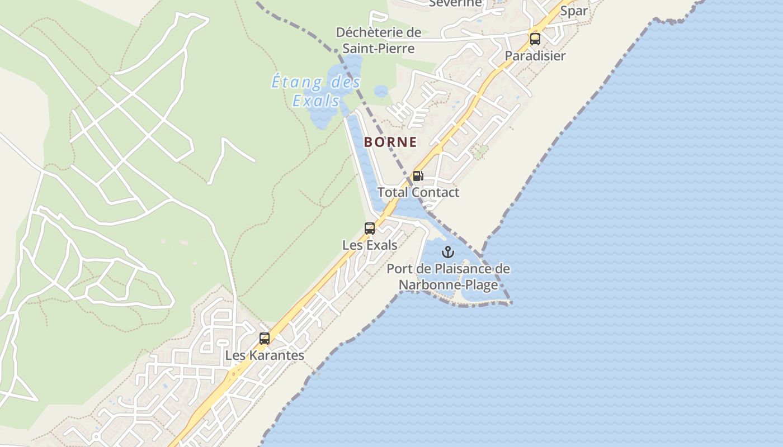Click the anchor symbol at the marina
448,252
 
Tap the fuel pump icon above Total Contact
418,177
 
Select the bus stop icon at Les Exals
370,229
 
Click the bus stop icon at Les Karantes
265,339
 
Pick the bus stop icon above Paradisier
535,39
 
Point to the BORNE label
390,142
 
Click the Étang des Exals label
316,92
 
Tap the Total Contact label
418,193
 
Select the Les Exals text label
370,245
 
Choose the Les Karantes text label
265,355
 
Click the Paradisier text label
535,56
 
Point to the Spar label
574,11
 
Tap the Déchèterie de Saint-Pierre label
379,40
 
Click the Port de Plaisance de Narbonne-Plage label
448,277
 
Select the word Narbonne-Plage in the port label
448,286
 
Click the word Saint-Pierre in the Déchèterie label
379,49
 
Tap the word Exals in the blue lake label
316,101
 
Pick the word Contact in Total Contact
435,193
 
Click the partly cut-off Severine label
455,3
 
